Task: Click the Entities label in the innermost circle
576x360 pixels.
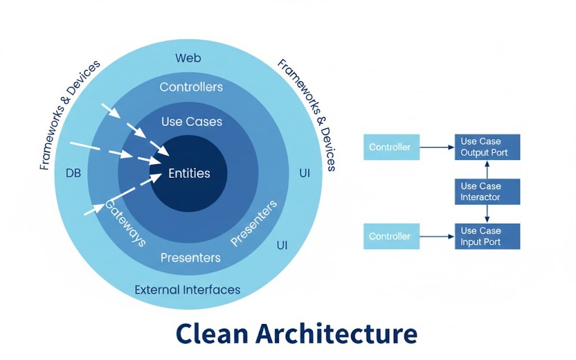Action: coord(189,173)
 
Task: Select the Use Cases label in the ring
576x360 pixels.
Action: coord(191,121)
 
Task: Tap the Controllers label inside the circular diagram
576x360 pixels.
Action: coord(191,87)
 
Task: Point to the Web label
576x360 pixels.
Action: coord(188,58)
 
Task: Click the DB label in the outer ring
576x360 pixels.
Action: coord(73,173)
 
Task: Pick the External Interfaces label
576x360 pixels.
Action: coord(187,290)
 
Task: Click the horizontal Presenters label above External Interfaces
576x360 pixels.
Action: coord(191,258)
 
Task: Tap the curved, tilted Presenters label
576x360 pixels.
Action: coord(254,223)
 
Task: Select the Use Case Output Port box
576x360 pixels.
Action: coord(487,147)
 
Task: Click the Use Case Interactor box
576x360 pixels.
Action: coord(487,192)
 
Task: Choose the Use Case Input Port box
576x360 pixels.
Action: coord(487,236)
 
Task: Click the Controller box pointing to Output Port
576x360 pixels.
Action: coord(391,147)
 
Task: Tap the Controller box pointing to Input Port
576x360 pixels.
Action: coord(391,236)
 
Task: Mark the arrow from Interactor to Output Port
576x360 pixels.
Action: coord(487,169)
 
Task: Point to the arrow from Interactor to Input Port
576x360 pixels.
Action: coord(487,214)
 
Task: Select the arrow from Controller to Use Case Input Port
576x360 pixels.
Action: coord(436,236)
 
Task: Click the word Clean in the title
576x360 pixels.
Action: coord(211,333)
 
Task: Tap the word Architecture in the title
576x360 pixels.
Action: coord(337,333)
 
